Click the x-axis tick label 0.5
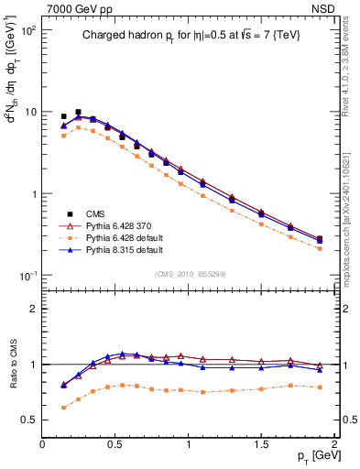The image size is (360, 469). click(x=115, y=443)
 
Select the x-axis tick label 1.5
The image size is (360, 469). click(x=261, y=443)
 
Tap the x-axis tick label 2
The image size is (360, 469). click(x=335, y=443)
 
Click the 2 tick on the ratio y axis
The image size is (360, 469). click(x=35, y=309)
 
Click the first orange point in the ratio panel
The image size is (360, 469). click(x=63, y=408)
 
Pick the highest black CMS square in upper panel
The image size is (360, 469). click(x=78, y=112)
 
